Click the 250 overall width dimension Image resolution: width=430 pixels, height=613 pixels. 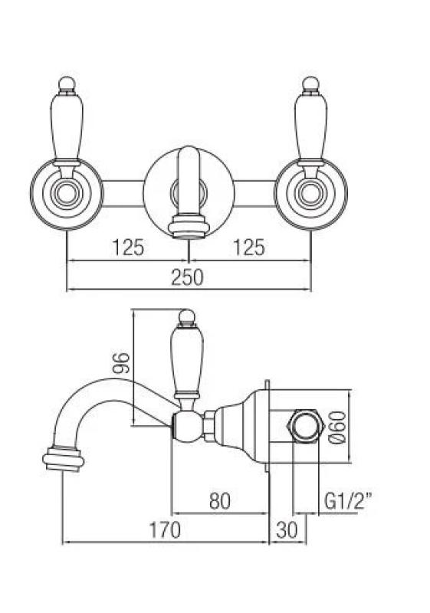[188, 277]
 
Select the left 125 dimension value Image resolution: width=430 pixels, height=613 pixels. [128, 247]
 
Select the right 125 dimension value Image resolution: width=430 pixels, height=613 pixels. [248, 247]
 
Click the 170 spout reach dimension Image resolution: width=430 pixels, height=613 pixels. [164, 529]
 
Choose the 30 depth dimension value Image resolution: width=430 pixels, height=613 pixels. [287, 529]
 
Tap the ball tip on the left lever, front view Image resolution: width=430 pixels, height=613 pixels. [67, 81]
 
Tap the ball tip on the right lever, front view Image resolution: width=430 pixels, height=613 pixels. [310, 81]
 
